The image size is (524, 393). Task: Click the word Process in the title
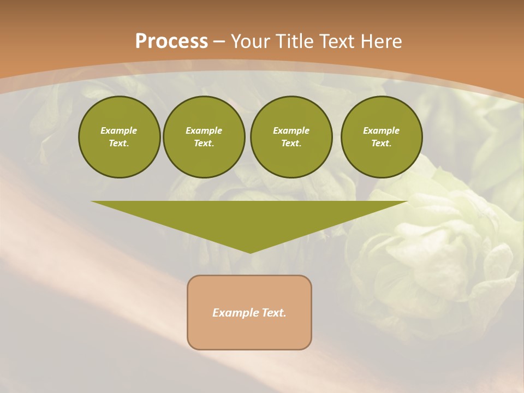click(x=171, y=41)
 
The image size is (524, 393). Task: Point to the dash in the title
click(x=219, y=42)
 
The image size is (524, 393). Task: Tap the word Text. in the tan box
click(x=273, y=313)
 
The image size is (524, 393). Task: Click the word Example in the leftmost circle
click(x=119, y=130)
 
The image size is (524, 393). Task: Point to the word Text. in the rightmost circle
click(x=382, y=144)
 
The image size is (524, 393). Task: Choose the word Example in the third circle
click(x=291, y=130)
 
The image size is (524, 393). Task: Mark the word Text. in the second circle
click(x=204, y=144)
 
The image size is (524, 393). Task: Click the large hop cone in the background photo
click(x=437, y=246)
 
